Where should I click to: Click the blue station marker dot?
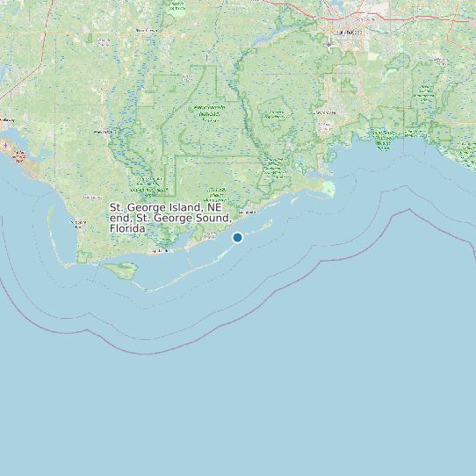click(x=237, y=237)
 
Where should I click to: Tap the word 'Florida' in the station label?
click(x=128, y=228)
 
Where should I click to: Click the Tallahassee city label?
click(x=346, y=32)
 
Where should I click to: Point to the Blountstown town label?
click(x=146, y=30)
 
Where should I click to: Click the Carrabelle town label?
click(x=248, y=213)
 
